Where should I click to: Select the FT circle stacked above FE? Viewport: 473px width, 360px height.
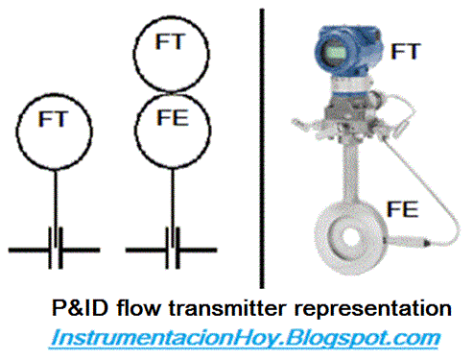coord(173,43)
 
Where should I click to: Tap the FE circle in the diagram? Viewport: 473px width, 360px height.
coord(173,122)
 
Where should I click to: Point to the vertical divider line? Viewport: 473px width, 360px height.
coord(262,144)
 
